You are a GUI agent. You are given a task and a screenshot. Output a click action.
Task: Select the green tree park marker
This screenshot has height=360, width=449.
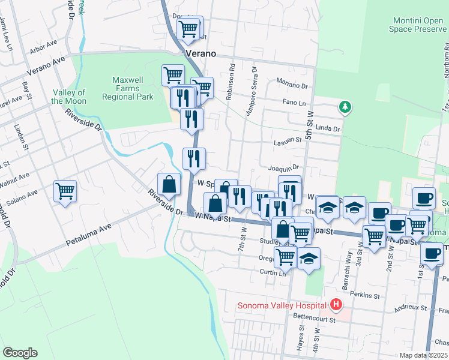(345, 107)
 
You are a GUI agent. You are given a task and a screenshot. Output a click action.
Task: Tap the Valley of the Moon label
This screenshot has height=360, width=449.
(68, 97)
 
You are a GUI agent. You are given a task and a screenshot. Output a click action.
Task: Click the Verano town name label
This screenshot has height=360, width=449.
(200, 53)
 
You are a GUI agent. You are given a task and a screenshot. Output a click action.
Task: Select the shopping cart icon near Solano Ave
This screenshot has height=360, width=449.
(65, 192)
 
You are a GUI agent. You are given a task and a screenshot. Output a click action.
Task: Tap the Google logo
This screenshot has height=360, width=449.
(20, 352)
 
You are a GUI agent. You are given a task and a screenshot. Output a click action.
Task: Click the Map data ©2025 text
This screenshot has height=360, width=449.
(423, 355)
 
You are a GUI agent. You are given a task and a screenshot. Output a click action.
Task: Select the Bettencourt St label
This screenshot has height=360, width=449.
(313, 320)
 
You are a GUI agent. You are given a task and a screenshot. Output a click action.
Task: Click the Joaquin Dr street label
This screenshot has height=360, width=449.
(284, 168)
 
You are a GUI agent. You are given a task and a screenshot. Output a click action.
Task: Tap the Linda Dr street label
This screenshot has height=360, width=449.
(328, 128)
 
